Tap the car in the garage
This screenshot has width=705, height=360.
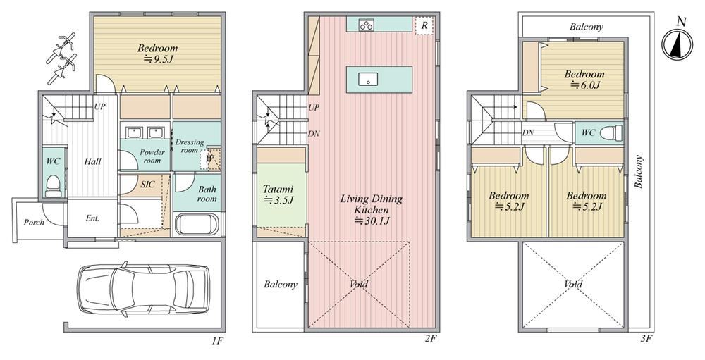click(x=143, y=287)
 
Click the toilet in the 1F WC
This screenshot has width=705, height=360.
click(x=53, y=187)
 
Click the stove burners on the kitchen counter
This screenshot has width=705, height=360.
click(x=366, y=25)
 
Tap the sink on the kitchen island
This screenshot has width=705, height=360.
click(x=368, y=80)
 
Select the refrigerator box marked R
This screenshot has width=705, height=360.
click(x=424, y=26)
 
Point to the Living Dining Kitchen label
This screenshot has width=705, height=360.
click(x=371, y=209)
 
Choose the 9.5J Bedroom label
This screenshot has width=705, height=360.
click(x=157, y=53)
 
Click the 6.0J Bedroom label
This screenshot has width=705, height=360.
click(x=584, y=79)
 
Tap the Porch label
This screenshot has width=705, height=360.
click(x=34, y=222)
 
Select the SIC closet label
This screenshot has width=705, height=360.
click(x=147, y=185)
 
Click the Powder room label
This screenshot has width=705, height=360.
click(x=152, y=156)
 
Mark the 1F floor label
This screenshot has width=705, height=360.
click(x=217, y=340)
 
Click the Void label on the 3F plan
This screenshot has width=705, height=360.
click(x=573, y=284)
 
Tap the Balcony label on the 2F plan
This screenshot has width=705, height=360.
click(x=281, y=284)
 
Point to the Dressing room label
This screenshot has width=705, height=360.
click(x=189, y=146)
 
